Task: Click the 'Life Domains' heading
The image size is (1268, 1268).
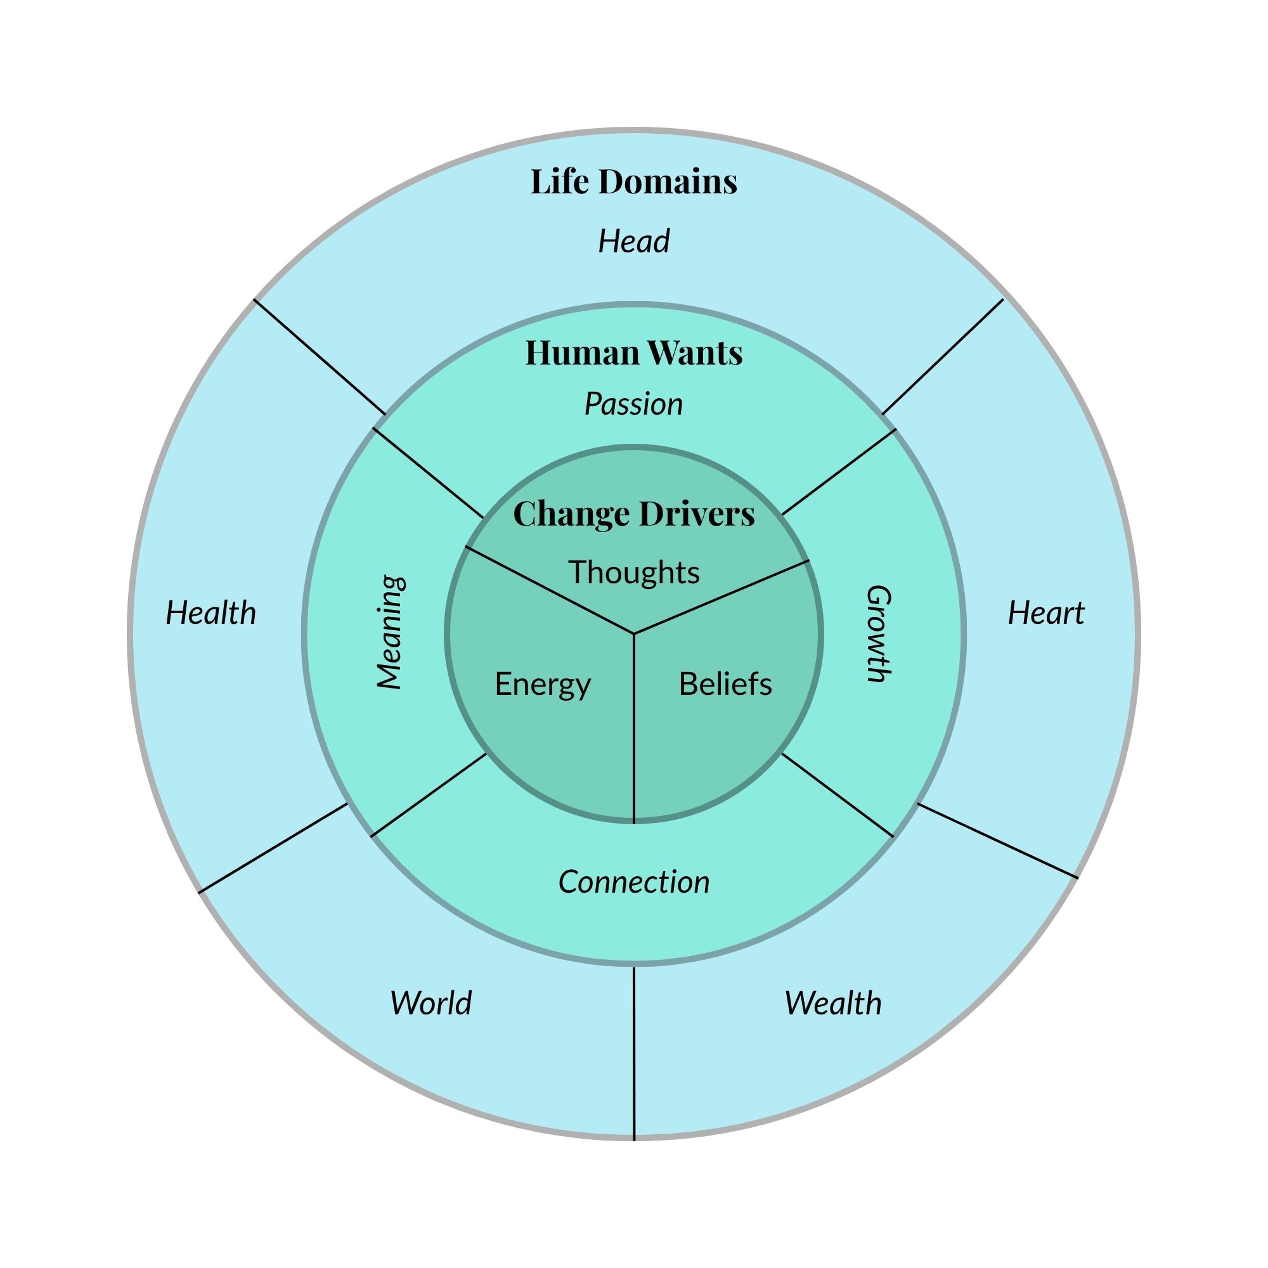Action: tap(633, 182)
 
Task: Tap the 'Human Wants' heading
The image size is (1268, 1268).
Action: tap(633, 353)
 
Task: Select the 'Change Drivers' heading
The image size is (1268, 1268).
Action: tap(633, 514)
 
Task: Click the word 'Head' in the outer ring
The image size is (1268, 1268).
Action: tap(633, 242)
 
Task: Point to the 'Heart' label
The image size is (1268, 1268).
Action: tap(1045, 613)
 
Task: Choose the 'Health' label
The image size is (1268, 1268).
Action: tap(210, 613)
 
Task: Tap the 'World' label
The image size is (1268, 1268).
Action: tap(430, 1003)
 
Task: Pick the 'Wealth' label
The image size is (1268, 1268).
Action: tap(833, 1003)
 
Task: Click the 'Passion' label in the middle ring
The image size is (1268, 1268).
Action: tap(633, 404)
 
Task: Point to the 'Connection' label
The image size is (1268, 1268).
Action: tap(633, 882)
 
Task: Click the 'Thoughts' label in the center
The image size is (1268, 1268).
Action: tap(633, 573)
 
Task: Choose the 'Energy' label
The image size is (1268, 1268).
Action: tap(543, 685)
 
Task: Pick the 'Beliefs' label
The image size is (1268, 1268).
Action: tap(725, 684)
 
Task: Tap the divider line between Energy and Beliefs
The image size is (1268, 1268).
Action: tap(634, 728)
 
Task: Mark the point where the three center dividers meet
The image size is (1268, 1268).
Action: tap(634, 634)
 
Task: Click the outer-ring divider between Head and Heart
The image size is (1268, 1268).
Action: tap(943, 357)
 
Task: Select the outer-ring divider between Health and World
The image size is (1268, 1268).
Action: tap(273, 848)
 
